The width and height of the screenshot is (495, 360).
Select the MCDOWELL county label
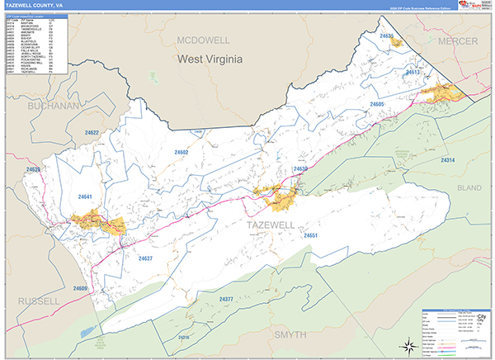[207, 39]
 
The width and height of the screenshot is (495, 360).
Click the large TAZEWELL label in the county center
[269, 223]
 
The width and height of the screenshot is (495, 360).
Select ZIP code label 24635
[386, 36]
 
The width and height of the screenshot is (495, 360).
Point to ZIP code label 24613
[412, 73]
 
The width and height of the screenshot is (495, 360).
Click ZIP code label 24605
[378, 104]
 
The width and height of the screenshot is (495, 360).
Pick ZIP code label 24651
[311, 236]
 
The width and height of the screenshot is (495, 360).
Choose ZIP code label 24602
[181, 153]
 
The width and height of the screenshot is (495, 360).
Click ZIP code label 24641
[85, 197]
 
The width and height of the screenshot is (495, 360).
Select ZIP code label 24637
[145, 258]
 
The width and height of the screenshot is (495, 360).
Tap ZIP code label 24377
[226, 298]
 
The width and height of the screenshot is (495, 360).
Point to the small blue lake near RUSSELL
[85, 333]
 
